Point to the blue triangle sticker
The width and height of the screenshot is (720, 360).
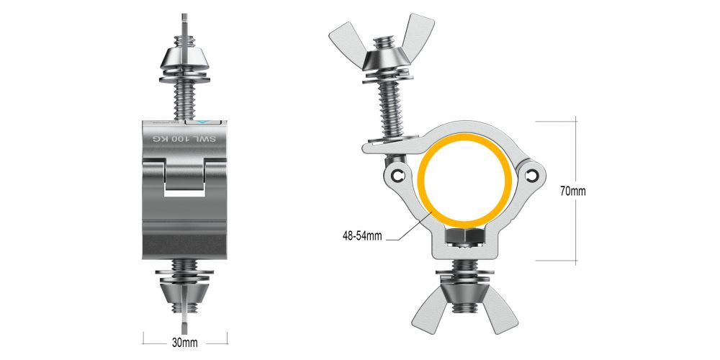(204, 122)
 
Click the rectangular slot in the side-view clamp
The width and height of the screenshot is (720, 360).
(184, 188)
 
